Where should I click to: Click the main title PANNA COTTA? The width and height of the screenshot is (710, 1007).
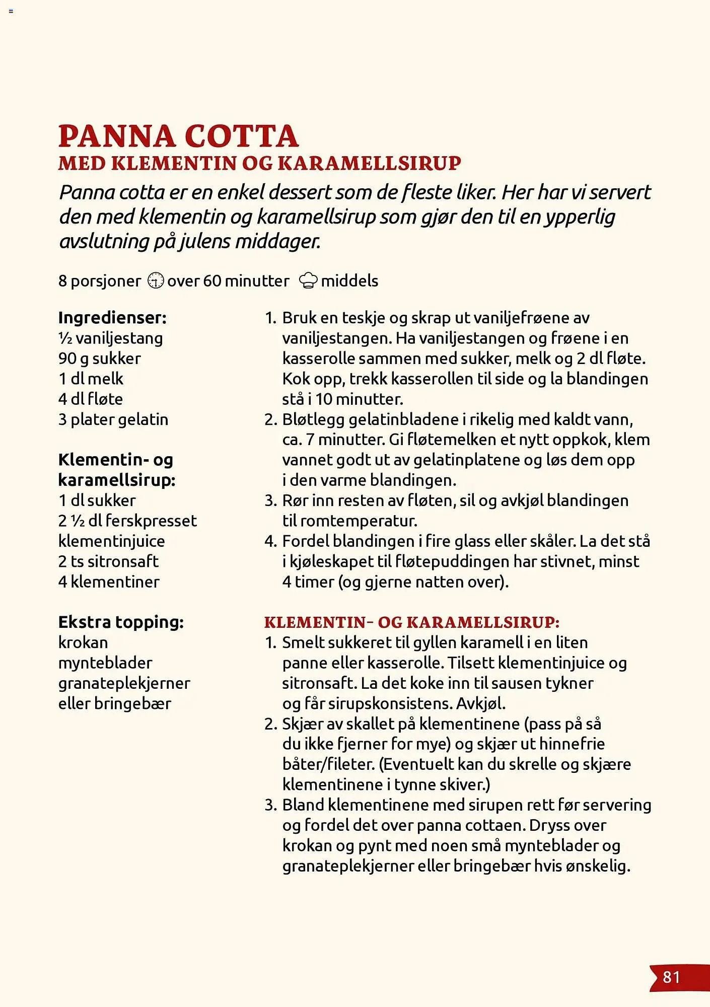coord(178,136)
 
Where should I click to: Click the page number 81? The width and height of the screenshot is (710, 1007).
coord(671,977)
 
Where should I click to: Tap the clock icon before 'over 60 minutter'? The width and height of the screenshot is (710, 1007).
coord(156,280)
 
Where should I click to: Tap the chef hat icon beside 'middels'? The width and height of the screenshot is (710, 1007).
coord(308,280)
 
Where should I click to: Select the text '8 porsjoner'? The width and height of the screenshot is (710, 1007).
coord(100,281)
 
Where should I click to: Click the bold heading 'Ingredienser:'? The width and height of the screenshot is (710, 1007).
coord(112,318)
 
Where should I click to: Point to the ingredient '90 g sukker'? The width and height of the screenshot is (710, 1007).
coord(99,358)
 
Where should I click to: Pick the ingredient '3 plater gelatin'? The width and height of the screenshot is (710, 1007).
coord(113,419)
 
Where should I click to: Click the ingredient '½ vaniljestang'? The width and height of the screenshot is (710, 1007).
coord(110,338)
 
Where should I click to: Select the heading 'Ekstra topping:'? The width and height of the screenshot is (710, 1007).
coord(121,622)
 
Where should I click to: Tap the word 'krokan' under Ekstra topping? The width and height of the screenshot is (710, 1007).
coord(83,642)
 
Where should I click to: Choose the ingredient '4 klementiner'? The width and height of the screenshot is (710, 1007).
coord(109,582)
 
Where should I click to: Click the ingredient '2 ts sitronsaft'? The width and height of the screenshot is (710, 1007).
coord(108,561)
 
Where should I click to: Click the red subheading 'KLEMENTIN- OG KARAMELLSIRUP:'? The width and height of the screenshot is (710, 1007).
coord(411,622)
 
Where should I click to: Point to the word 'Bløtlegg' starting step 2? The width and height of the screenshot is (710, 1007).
coord(313,419)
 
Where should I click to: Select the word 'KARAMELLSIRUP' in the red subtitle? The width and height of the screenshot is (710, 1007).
coord(369,163)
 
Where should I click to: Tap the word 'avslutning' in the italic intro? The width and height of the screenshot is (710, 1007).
coord(103,242)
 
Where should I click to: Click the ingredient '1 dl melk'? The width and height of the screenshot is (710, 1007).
coord(91,379)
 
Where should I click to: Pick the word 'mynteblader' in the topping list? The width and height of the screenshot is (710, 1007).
coord(105,663)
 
